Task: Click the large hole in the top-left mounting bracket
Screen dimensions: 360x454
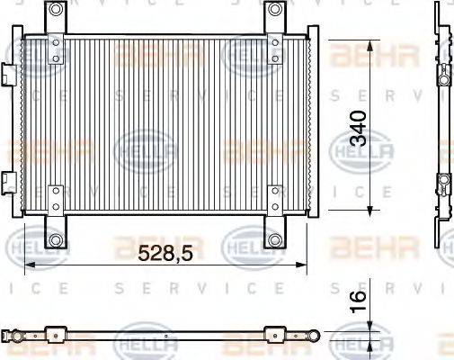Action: coord(57,10)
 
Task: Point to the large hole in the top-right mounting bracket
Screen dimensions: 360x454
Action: coord(275,10)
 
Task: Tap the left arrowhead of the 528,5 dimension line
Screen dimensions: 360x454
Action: coord(27,265)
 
